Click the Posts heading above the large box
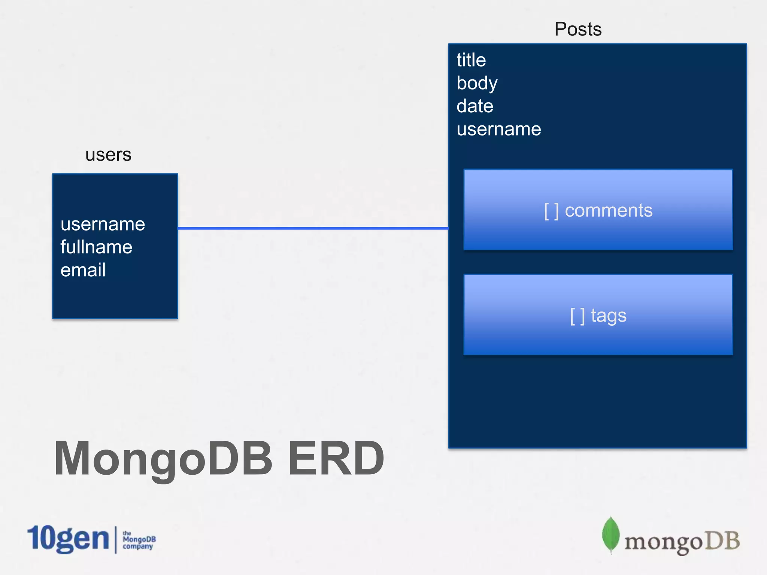pos(577,29)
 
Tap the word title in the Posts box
pos(471,60)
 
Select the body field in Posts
pos(477,83)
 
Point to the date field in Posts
pos(475,106)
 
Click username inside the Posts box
pos(498,130)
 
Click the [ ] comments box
pos(598,210)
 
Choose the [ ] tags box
pos(598,315)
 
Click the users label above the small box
pos(108,155)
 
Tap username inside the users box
pos(103,224)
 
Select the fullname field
pos(96,247)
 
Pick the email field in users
pos(83,270)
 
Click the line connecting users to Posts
pos(313,228)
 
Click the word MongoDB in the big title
pos(163,458)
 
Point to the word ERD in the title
pos(336,458)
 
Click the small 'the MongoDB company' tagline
pos(139,540)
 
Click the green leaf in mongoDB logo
pos(610,534)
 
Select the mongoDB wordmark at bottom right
pos(682,541)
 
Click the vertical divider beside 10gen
pos(116,539)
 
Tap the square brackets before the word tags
pos(577,316)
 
